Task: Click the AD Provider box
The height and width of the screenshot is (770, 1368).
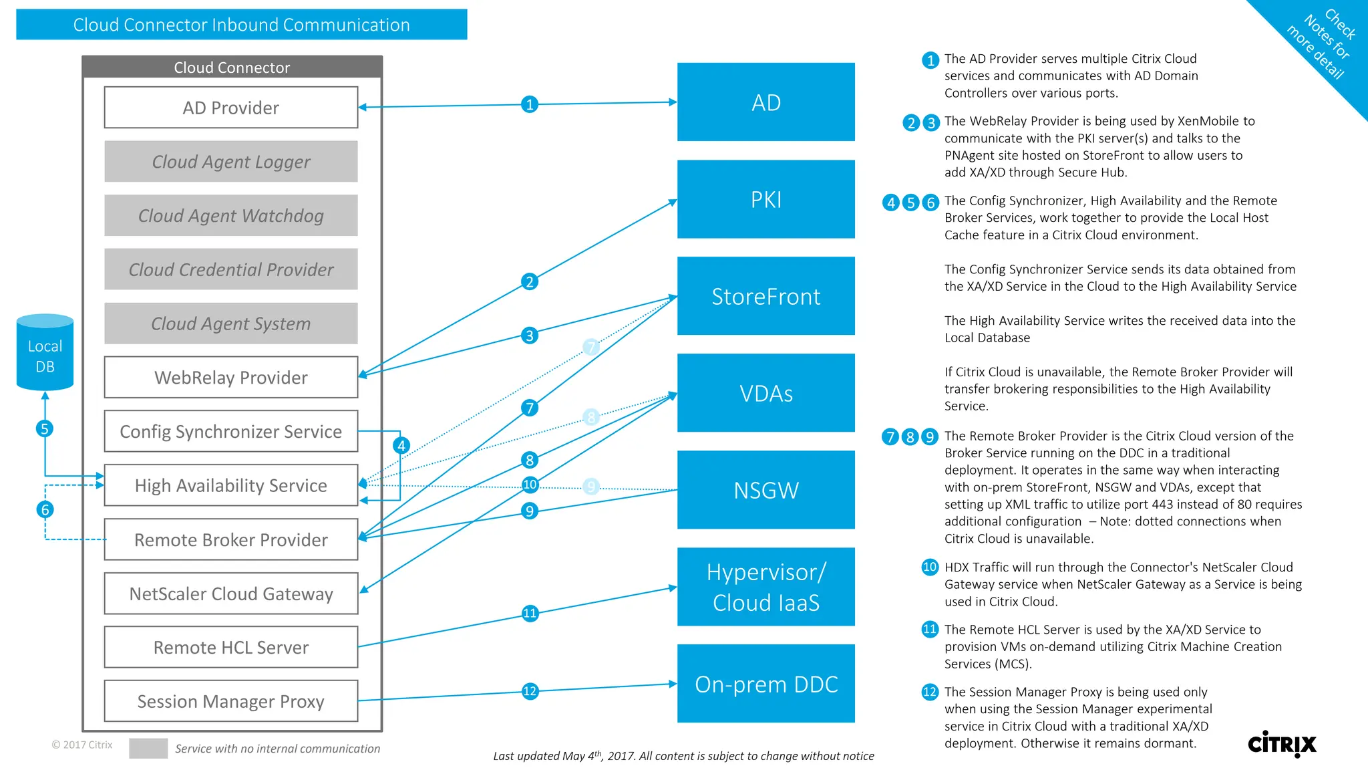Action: pyautogui.click(x=230, y=108)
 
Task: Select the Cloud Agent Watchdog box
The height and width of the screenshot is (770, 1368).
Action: pyautogui.click(x=230, y=215)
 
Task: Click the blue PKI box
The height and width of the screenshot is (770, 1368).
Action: pyautogui.click(x=765, y=199)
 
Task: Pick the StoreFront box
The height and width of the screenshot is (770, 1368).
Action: pyautogui.click(x=765, y=296)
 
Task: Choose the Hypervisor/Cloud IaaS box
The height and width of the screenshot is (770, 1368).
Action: pyautogui.click(x=765, y=587)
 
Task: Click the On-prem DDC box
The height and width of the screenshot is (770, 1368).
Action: pyautogui.click(x=765, y=684)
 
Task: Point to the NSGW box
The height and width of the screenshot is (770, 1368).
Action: pyautogui.click(x=765, y=490)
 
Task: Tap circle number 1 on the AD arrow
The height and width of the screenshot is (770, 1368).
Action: pyautogui.click(x=530, y=104)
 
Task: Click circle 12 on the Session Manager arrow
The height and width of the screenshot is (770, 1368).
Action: pyautogui.click(x=530, y=691)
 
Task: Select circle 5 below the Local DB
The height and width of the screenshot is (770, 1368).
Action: pyautogui.click(x=45, y=428)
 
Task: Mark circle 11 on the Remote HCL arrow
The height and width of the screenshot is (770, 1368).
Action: pyautogui.click(x=530, y=613)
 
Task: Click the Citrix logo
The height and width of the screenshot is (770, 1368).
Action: pyautogui.click(x=1281, y=743)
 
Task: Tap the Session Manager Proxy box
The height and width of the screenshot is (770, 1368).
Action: pyautogui.click(x=230, y=701)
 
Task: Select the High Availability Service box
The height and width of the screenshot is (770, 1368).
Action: pyautogui.click(x=230, y=485)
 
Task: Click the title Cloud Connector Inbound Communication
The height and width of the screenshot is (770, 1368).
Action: pyautogui.click(x=241, y=25)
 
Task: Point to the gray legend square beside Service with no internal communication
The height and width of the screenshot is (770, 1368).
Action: pyautogui.click(x=148, y=748)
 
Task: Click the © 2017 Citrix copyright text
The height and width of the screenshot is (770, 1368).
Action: pyautogui.click(x=82, y=745)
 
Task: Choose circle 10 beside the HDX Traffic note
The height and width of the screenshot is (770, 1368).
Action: pyautogui.click(x=929, y=567)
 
